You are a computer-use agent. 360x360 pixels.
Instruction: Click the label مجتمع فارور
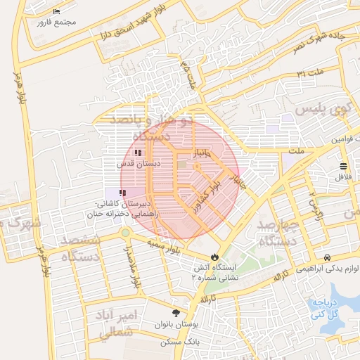[60, 22]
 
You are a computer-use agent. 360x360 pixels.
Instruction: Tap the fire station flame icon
[214, 257]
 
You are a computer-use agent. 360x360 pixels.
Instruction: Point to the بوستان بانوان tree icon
[175, 314]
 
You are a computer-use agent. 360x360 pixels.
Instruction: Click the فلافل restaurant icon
[342, 167]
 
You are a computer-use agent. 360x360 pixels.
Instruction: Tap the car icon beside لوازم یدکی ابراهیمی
[328, 258]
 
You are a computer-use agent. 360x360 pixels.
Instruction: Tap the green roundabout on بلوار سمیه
[126, 233]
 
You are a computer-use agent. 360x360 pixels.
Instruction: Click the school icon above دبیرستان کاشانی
[122, 191]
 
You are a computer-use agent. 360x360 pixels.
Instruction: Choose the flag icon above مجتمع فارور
[56, 12]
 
